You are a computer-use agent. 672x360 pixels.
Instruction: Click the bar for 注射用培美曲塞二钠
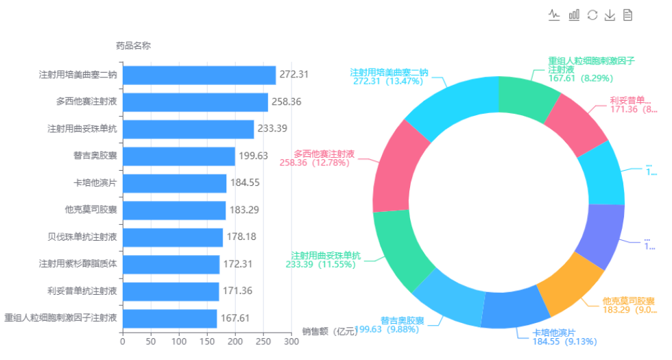pyautogui.click(x=199, y=75)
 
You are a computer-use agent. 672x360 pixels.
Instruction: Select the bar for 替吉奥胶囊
pyautogui.click(x=178, y=156)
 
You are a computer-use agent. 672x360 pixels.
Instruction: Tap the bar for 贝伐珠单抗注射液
pyautogui.click(x=173, y=237)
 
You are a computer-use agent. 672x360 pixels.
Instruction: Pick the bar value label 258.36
pyautogui.click(x=287, y=101)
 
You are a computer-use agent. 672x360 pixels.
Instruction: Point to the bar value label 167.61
pyautogui.click(x=235, y=318)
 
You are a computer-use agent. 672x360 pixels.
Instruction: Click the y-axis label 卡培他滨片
pyautogui.click(x=95, y=183)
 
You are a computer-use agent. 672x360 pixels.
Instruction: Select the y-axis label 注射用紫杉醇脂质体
pyautogui.click(x=78, y=264)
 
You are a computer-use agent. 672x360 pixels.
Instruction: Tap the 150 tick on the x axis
pyautogui.click(x=207, y=341)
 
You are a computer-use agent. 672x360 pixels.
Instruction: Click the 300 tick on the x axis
pyautogui.click(x=292, y=341)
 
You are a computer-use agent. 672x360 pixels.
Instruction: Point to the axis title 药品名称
pyautogui.click(x=133, y=46)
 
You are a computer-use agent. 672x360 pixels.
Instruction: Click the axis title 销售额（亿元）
pyautogui.click(x=330, y=332)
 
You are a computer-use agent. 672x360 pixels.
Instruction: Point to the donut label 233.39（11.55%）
pyautogui.click(x=321, y=264)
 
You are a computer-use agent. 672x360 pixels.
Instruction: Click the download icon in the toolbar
pyautogui.click(x=610, y=15)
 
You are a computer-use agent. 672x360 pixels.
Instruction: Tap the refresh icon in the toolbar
pyautogui.click(x=592, y=15)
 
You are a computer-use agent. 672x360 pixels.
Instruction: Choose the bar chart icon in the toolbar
pyautogui.click(x=574, y=15)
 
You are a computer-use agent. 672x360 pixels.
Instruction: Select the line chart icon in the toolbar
pyautogui.click(x=555, y=15)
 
